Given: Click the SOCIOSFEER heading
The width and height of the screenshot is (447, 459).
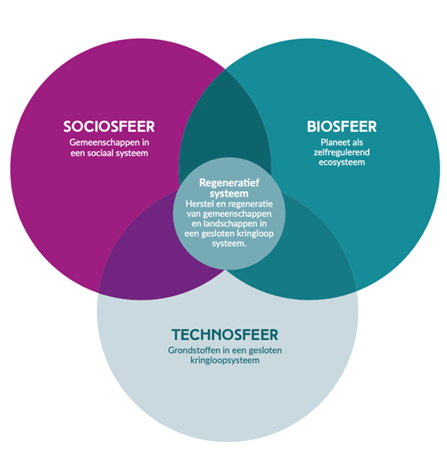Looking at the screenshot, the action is point(109,126).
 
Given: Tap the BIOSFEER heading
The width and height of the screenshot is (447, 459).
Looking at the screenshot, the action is point(342,126).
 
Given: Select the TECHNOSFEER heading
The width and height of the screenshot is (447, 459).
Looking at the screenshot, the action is point(225,334).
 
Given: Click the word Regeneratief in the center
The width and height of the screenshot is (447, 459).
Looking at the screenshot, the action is point(229,182).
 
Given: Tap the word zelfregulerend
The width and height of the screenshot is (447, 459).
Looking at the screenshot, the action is point(342,152).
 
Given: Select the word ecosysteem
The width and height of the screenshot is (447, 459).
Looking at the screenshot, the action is point(342,163).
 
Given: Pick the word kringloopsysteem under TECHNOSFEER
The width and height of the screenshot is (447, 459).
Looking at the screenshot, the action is point(225,361).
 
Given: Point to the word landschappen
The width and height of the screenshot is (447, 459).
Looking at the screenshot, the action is point(230,224).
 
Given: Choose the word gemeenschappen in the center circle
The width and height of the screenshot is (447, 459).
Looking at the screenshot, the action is point(237,214).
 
